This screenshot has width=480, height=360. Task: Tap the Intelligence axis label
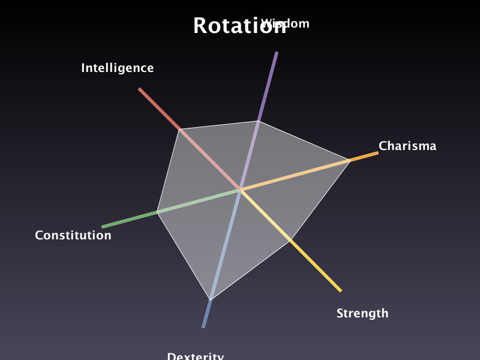118,68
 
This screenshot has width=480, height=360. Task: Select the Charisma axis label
407,146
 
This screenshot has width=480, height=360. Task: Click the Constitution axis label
73,235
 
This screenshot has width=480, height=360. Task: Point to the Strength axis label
362,313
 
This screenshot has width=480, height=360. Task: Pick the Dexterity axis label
196,356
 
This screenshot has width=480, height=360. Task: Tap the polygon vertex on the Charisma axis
350,160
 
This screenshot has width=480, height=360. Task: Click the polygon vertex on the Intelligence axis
179,129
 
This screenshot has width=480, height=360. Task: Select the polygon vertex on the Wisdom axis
259,121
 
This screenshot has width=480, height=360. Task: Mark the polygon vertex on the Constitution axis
157,212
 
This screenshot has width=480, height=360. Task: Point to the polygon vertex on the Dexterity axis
211,299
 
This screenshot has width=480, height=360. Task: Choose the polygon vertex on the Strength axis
290,241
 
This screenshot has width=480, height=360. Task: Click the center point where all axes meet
240,190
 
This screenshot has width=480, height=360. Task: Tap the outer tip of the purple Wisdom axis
277,53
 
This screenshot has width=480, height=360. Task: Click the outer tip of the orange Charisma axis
377,153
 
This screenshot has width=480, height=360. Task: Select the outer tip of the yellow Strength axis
340,291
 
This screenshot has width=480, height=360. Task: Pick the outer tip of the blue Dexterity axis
203,327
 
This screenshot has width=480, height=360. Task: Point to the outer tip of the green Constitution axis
103,227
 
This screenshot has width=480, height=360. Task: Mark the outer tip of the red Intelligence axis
139,89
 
